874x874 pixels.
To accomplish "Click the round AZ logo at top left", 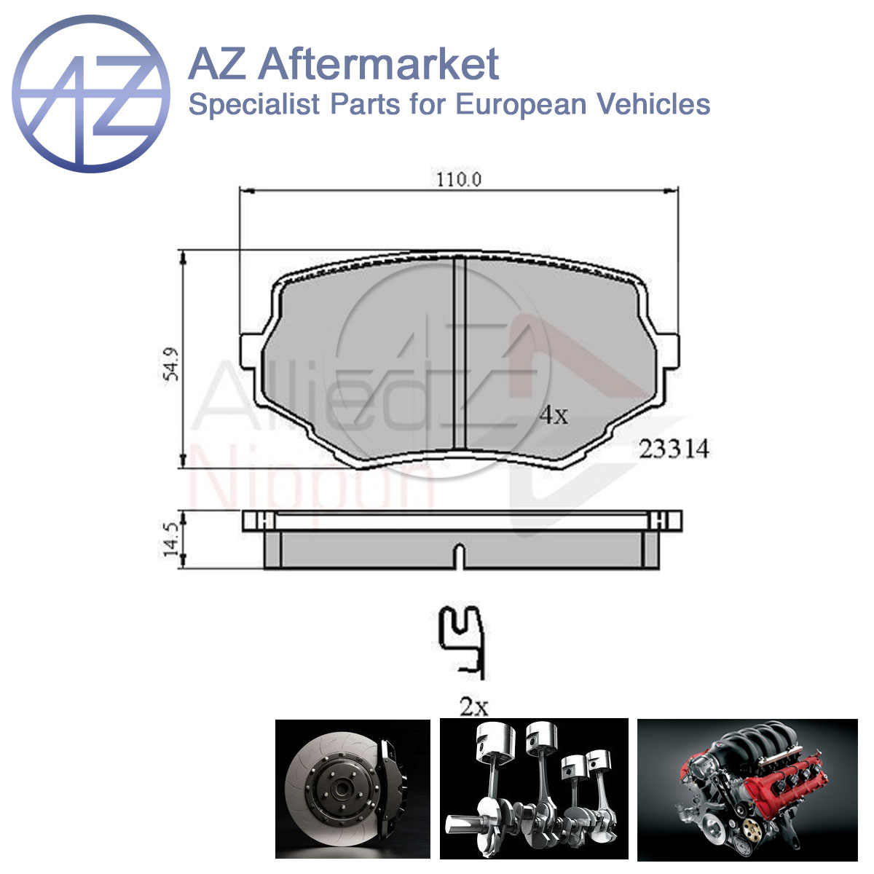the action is pyautogui.click(x=91, y=94).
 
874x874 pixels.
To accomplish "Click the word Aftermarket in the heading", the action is pyautogui.click(x=379, y=64).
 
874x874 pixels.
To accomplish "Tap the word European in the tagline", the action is pyautogui.click(x=520, y=104).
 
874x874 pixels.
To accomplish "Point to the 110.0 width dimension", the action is pyautogui.click(x=459, y=180).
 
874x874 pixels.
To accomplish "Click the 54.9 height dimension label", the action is pyautogui.click(x=172, y=364).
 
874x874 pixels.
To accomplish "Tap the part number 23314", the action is pyautogui.click(x=674, y=449).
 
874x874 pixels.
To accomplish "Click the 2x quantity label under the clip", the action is pyautogui.click(x=474, y=706).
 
